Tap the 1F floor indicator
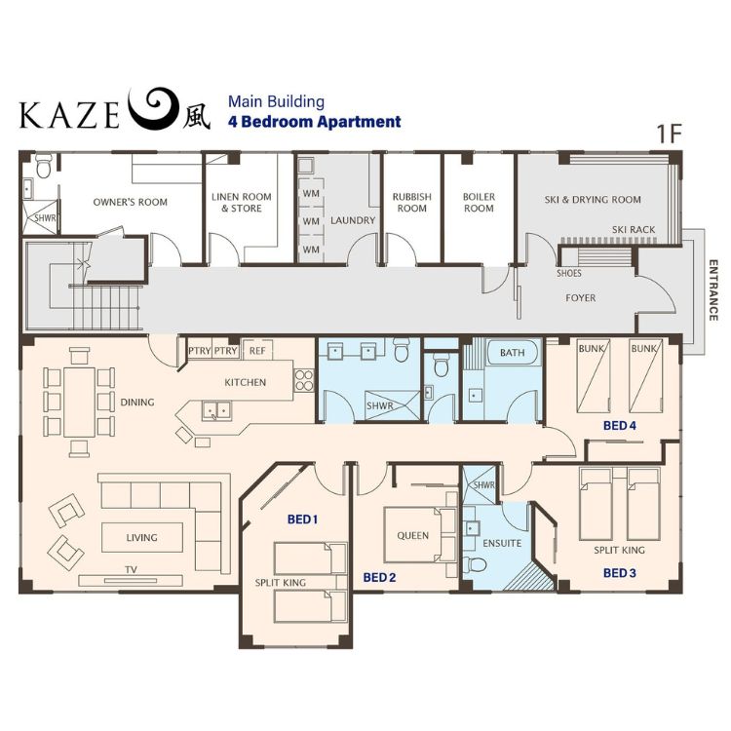click(669, 134)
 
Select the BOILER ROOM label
click(479, 203)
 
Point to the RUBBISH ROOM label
click(411, 203)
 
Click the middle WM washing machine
click(311, 221)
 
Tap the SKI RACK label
click(634, 229)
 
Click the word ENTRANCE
click(712, 290)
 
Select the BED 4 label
click(619, 425)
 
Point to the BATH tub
click(513, 353)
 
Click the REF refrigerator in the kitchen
click(257, 350)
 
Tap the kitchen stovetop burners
click(304, 380)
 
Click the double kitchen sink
click(216, 410)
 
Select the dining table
click(79, 402)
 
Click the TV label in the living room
click(131, 570)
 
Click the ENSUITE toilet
click(476, 564)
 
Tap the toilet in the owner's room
click(43, 167)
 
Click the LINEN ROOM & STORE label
click(242, 203)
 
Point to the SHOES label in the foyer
click(569, 273)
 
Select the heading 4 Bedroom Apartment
click(314, 122)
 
